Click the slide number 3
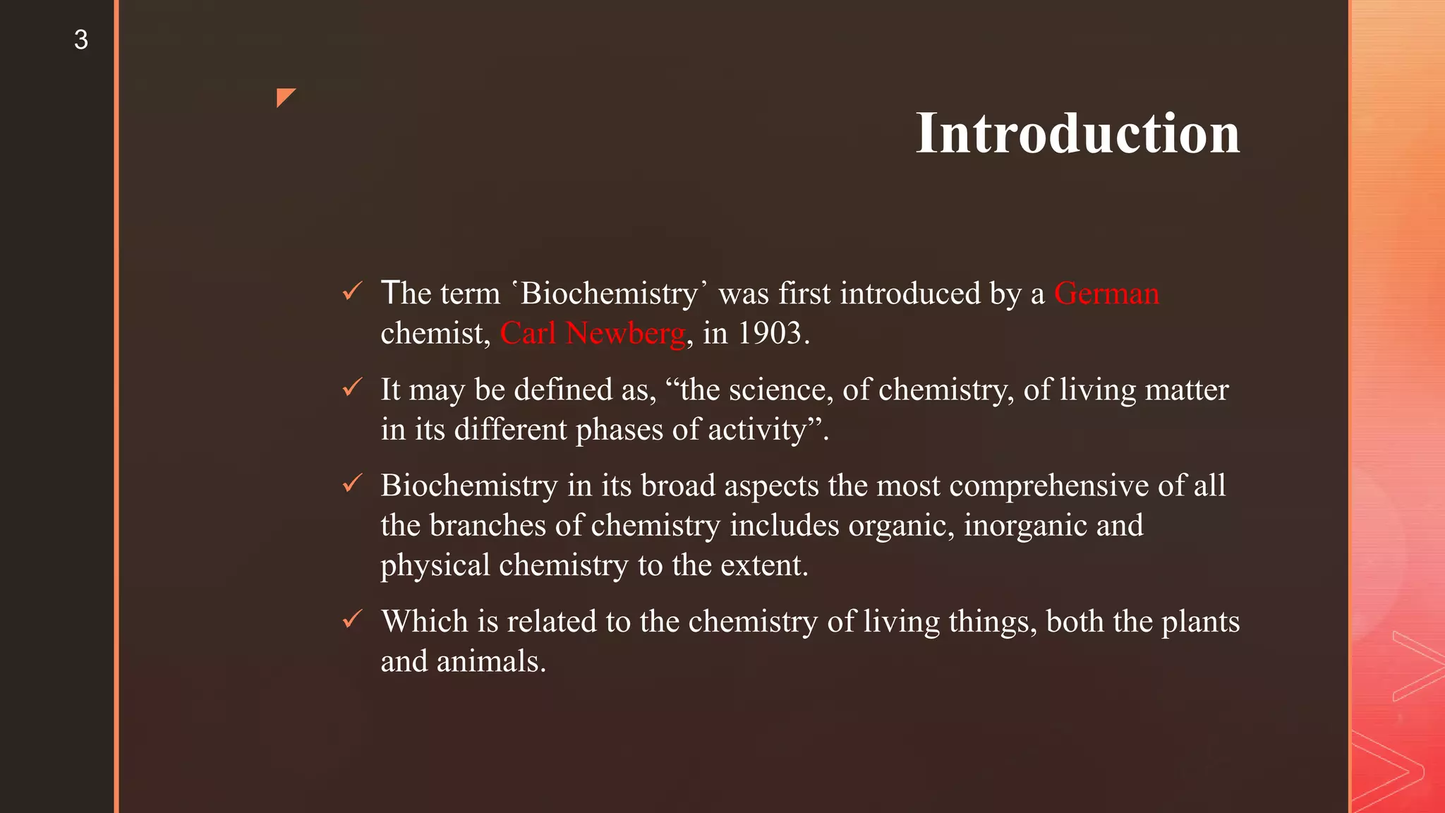(81, 40)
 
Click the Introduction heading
(1077, 133)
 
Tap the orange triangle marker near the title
(285, 97)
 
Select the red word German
(1106, 294)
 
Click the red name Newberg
(625, 334)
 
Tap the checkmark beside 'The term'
(352, 291)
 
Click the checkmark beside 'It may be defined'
(352, 387)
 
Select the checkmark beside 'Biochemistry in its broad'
(352, 483)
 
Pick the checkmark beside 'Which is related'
(352, 620)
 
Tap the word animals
(491, 662)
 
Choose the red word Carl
(528, 334)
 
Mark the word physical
(435, 566)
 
